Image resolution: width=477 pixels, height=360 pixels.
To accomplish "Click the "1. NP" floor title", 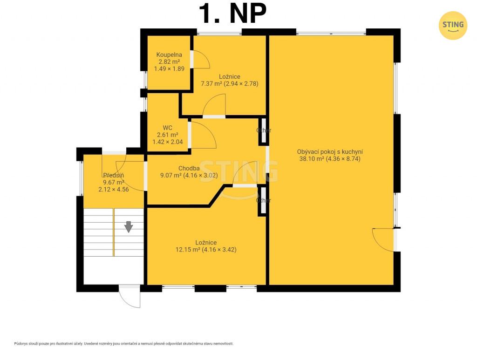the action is [233, 13].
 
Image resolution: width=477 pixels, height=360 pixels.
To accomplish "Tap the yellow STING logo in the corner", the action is [453, 26].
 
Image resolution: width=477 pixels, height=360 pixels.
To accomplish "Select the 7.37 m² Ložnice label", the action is [229, 80].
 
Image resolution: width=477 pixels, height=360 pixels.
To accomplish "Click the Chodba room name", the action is [189, 168].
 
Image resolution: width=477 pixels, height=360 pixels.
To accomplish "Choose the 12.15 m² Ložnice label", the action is [206, 246].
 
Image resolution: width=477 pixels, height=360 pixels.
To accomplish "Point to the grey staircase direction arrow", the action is [129, 227].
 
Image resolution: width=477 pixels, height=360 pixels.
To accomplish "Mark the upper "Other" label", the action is [264, 130].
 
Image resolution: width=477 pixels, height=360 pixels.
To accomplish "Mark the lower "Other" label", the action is [264, 200].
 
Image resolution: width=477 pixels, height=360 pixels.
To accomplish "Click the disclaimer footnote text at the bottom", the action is [124, 344].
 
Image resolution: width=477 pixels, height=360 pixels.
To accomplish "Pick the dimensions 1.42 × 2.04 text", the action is [167, 142].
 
